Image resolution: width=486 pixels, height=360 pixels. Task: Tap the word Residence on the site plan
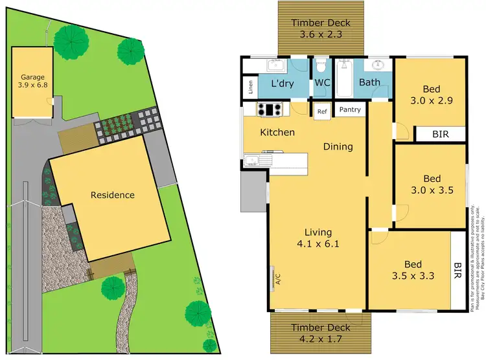112,195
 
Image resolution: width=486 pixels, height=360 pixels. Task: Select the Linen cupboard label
250,87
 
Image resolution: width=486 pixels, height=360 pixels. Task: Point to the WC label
322,83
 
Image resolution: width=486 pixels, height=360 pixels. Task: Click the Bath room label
369,83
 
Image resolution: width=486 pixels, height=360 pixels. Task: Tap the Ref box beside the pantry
321,111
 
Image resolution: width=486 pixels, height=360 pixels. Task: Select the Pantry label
350,110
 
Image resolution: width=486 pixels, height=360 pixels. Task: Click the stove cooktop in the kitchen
269,109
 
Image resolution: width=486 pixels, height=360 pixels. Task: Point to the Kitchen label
277,133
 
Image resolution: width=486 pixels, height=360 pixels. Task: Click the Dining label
338,146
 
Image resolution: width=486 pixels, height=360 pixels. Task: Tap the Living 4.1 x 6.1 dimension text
318,244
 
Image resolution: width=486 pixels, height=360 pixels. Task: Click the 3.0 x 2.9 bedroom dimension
431,101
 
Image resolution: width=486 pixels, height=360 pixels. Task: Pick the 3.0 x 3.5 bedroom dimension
431,190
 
